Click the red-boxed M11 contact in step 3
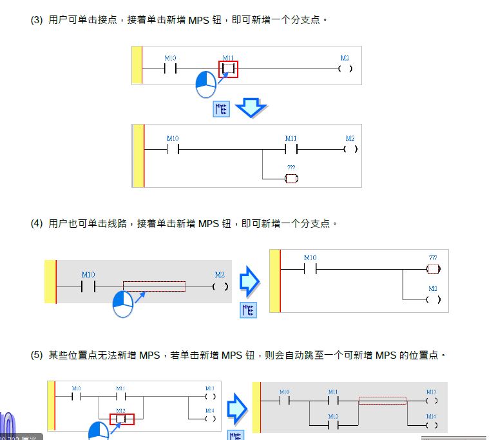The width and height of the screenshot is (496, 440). [228, 68]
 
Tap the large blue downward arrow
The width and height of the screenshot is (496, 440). [251, 107]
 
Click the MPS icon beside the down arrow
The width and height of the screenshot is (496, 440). [221, 108]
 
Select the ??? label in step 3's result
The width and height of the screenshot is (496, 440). [291, 168]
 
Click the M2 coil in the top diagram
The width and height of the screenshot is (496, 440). [345, 68]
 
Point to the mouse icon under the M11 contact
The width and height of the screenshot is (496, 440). [205, 84]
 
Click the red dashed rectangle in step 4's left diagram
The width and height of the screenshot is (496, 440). [154, 286]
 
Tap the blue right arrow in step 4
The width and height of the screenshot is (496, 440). [249, 281]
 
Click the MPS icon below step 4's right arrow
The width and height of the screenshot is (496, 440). [248, 310]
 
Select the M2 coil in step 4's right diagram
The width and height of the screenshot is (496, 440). [433, 299]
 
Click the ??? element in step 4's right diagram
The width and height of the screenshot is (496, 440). [433, 268]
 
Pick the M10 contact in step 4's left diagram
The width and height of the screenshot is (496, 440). [88, 286]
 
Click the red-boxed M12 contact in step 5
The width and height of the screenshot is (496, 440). [120, 419]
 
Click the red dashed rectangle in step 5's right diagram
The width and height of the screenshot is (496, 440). [382, 401]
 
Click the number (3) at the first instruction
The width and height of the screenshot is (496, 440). [37, 20]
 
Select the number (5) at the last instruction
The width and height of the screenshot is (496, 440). [37, 355]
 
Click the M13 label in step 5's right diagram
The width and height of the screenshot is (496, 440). [431, 392]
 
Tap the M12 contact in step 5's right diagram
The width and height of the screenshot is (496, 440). [333, 425]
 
